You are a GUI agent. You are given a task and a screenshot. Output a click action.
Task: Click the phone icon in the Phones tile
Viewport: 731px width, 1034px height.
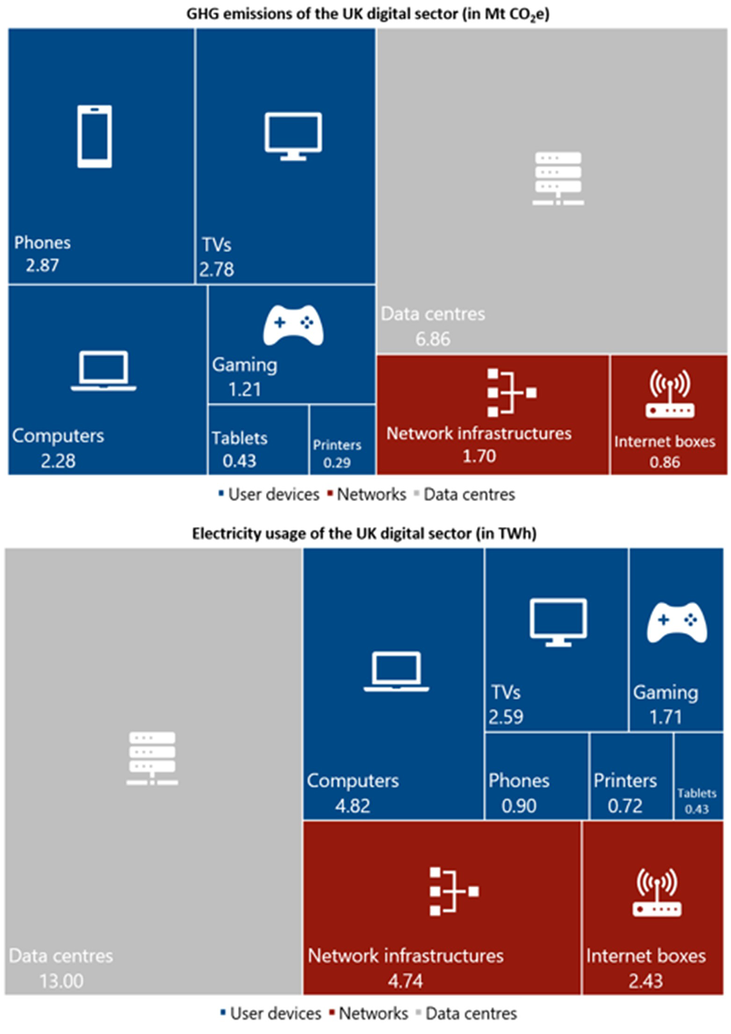(x=94, y=136)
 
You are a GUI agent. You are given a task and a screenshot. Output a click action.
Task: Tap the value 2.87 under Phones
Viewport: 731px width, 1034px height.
(x=42, y=265)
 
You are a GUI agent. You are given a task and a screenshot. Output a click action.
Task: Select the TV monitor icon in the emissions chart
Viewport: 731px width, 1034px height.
(x=293, y=136)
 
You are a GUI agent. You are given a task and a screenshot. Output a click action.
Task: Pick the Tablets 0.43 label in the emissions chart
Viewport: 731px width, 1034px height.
(x=239, y=449)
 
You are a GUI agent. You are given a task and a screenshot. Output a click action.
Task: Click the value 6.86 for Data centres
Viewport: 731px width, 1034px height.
(x=433, y=339)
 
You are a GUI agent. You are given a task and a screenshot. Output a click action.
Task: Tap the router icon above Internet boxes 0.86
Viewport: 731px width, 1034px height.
(x=670, y=394)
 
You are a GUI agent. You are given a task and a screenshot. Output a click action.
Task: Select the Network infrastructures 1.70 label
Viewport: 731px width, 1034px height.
(x=479, y=444)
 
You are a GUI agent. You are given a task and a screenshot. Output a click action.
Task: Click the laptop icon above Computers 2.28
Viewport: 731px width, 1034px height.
(x=104, y=371)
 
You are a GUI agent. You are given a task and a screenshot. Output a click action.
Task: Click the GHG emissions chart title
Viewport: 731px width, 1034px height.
(x=368, y=14)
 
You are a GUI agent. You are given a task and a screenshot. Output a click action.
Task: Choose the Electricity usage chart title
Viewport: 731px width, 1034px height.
(x=364, y=534)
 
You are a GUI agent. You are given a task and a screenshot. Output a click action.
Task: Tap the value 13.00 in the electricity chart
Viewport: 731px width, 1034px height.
(x=61, y=981)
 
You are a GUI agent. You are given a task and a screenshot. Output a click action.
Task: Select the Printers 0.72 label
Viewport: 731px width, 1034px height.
(x=625, y=792)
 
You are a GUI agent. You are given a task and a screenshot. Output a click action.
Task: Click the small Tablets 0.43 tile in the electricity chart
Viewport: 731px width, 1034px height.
(x=697, y=776)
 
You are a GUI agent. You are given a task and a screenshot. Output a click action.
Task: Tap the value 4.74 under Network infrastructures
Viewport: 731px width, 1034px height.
(x=406, y=981)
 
